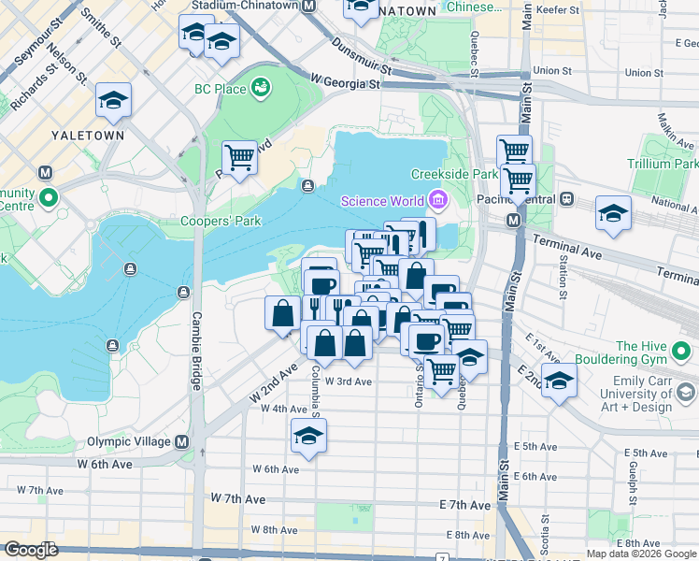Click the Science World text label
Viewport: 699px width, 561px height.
tap(383, 200)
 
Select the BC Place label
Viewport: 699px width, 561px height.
tap(220, 89)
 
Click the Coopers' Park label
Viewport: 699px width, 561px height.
tap(221, 222)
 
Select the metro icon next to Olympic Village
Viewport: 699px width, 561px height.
tap(182, 441)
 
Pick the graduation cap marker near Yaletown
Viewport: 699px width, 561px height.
tap(113, 100)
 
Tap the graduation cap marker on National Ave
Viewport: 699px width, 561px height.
tap(613, 213)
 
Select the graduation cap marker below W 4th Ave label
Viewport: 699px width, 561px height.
tap(308, 435)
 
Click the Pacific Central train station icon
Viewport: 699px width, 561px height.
tap(565, 199)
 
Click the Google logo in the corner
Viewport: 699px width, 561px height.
tap(30, 550)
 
